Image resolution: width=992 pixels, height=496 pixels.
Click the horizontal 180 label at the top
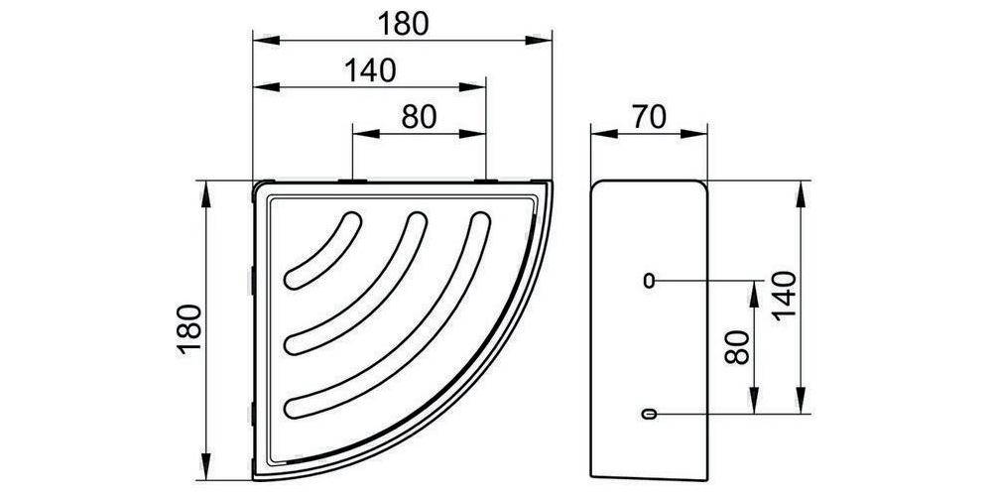[403, 24]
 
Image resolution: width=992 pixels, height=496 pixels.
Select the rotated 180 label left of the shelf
[190, 329]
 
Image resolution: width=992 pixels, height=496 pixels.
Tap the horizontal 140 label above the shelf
[370, 70]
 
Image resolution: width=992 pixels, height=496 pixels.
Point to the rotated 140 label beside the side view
[784, 296]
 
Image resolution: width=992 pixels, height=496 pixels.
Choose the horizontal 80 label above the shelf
[419, 118]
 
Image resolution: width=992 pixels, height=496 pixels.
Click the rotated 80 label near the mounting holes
[737, 347]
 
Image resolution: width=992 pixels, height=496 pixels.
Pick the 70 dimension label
[648, 118]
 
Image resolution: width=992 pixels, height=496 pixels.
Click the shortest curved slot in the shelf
[322, 251]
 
